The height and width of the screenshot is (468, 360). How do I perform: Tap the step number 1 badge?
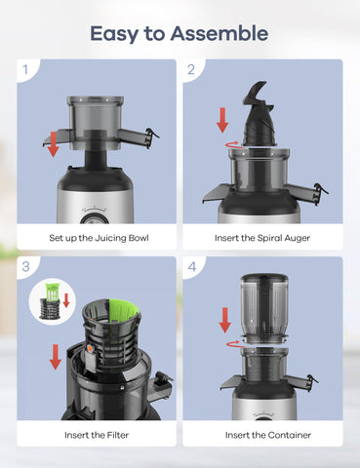coord(26,69)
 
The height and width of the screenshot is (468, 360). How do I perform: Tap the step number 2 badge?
coord(192,69)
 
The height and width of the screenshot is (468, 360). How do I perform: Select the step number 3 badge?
coord(26,266)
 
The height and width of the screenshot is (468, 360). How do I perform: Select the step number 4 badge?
coord(192,266)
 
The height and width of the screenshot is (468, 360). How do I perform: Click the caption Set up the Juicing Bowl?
coord(98,238)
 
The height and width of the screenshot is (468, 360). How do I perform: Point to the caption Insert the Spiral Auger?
coord(263,238)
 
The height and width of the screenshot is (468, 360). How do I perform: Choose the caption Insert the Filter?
coord(98,435)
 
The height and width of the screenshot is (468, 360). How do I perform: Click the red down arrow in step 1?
coord(52,143)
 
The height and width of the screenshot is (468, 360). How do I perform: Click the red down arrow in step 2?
coord(222,120)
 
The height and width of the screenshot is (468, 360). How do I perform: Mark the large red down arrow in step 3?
coord(55,356)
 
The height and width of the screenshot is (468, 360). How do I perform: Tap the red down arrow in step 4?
coord(224,319)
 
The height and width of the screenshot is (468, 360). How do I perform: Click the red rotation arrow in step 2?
coord(231,143)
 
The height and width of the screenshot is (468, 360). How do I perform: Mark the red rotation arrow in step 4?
coord(232,342)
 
